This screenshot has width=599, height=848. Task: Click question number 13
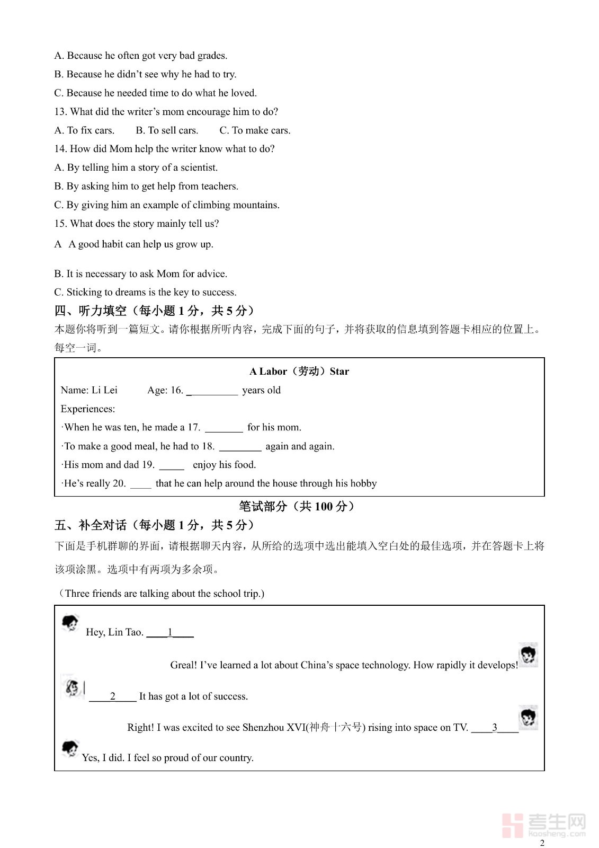coord(60,112)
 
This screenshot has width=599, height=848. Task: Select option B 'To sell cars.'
coord(167,130)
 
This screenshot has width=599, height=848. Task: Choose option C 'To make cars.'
coord(255,130)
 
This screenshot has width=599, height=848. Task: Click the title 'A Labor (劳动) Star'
coord(299,371)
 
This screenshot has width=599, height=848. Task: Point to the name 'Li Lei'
coord(104,390)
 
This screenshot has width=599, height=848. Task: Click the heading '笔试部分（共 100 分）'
coord(297,506)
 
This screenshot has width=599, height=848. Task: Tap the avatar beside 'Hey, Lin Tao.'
coord(70,623)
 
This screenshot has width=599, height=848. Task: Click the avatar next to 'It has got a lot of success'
coord(72,687)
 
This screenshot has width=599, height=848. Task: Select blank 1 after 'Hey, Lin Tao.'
coord(170,633)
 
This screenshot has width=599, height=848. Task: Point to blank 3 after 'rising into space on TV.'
coord(495,728)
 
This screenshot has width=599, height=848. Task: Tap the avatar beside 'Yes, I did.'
coord(70,749)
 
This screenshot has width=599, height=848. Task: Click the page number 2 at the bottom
coord(541,843)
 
